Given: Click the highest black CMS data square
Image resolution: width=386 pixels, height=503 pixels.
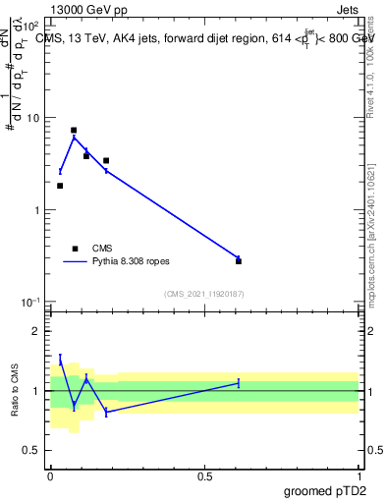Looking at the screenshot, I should point(74,130).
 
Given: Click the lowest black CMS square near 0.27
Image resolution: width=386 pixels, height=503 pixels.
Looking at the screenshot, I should point(239,261).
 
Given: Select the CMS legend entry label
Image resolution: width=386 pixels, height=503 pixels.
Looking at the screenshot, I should point(102,249).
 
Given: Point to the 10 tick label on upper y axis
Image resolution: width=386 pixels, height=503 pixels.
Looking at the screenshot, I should point(31,118).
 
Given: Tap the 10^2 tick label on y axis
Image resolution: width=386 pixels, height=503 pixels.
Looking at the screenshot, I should point(29,26).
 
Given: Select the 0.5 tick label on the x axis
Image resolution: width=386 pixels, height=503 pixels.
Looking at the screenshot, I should point(204,475).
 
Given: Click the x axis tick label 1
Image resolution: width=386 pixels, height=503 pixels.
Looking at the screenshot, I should point(358,475).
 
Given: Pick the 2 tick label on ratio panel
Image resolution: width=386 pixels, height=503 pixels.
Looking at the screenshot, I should point(36,332).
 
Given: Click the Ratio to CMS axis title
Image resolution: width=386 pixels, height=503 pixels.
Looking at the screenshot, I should point(14,390).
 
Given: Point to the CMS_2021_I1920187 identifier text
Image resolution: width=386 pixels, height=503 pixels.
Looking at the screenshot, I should point(203,294).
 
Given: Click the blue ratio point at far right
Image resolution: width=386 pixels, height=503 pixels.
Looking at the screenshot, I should point(239,383).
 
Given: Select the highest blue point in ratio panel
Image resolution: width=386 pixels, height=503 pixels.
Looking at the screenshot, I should point(60,360).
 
